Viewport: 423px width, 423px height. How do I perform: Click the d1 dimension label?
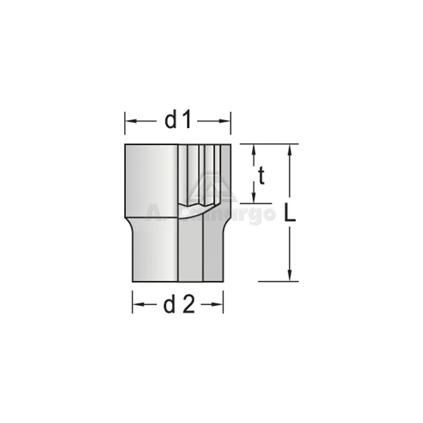click(x=177, y=121)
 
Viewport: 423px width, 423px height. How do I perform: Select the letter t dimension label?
click(x=261, y=176)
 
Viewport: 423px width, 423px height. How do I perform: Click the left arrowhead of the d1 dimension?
click(x=128, y=121)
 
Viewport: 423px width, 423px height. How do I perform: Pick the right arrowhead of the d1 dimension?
click(x=227, y=121)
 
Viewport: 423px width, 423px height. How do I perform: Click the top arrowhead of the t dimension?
click(x=254, y=148)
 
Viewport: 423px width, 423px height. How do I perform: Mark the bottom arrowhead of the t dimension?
click(x=254, y=198)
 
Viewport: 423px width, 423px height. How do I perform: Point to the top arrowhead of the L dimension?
click(x=289, y=148)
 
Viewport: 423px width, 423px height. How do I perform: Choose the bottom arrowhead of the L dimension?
click(x=289, y=277)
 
